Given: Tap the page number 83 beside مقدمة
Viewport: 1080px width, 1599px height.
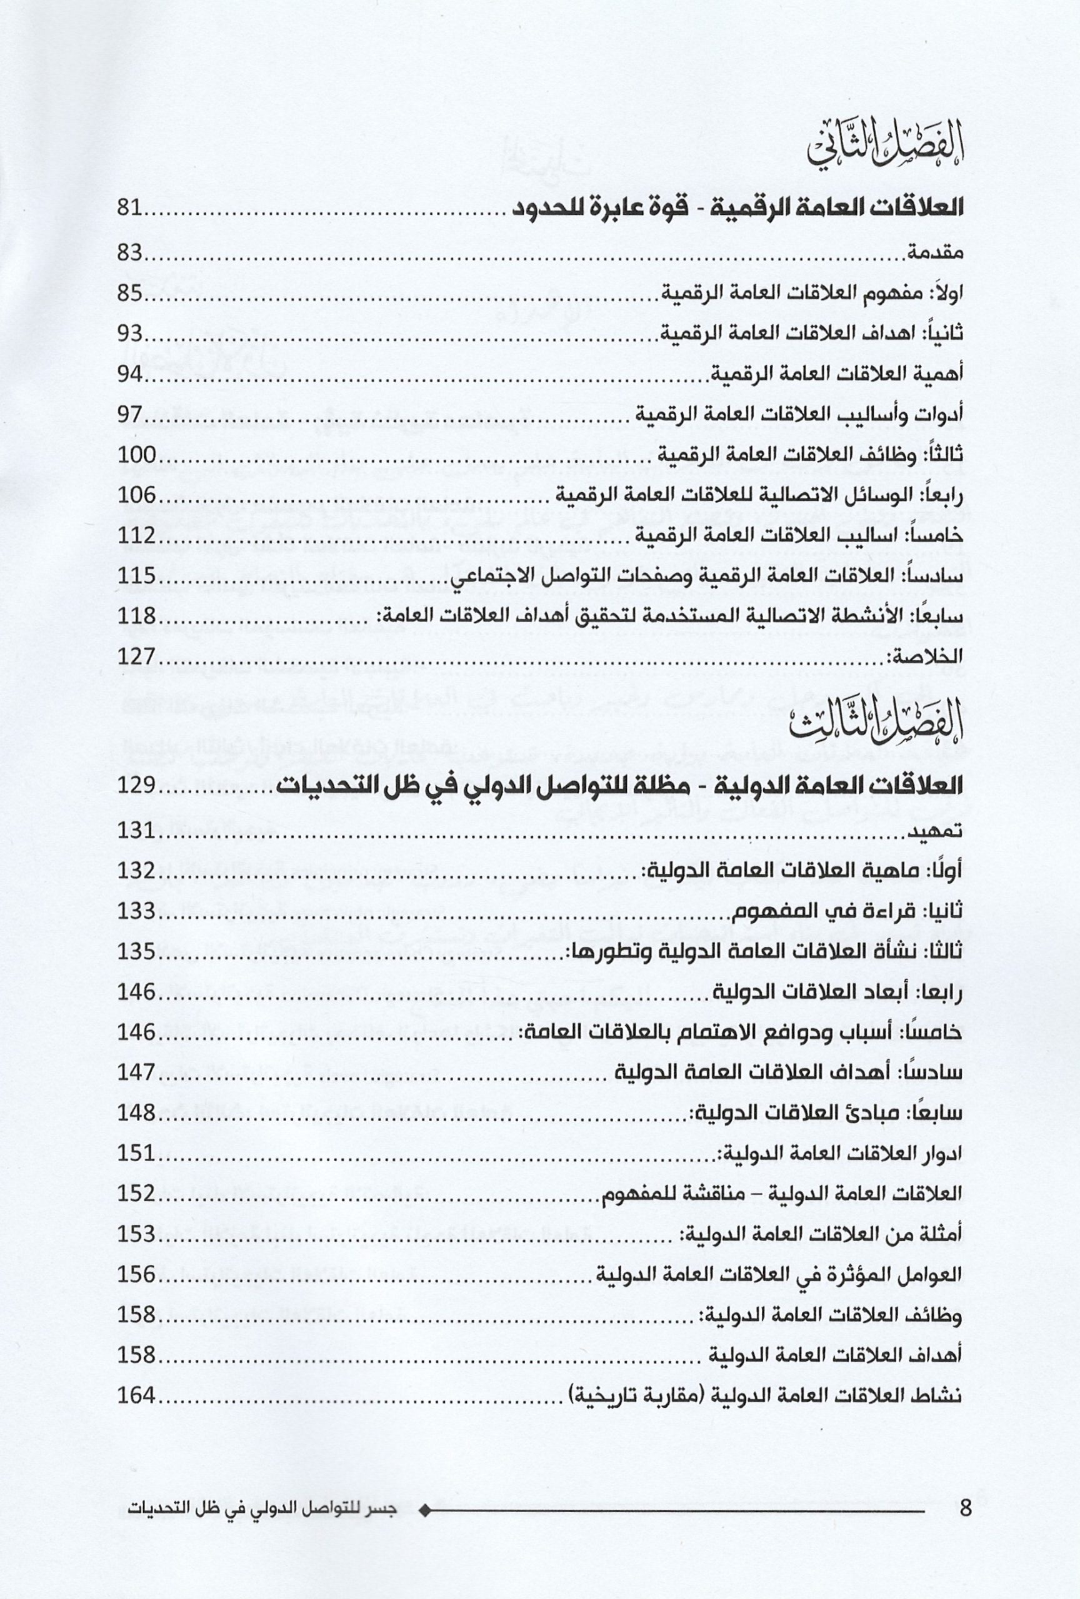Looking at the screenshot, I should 130,255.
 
